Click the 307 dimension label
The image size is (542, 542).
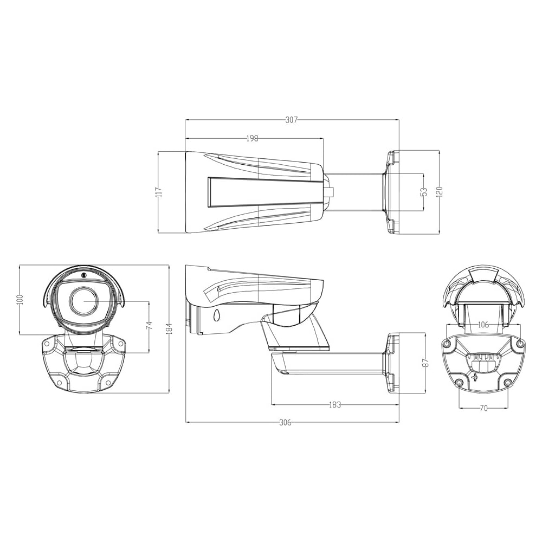point(292,120)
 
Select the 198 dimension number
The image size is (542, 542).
point(253,139)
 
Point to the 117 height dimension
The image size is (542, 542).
point(158,192)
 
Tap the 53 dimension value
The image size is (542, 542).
point(424,192)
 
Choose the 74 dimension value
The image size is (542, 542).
point(149,326)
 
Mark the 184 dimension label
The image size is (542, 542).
point(169,329)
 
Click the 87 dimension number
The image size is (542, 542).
point(425,362)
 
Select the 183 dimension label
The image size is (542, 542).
point(334,404)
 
